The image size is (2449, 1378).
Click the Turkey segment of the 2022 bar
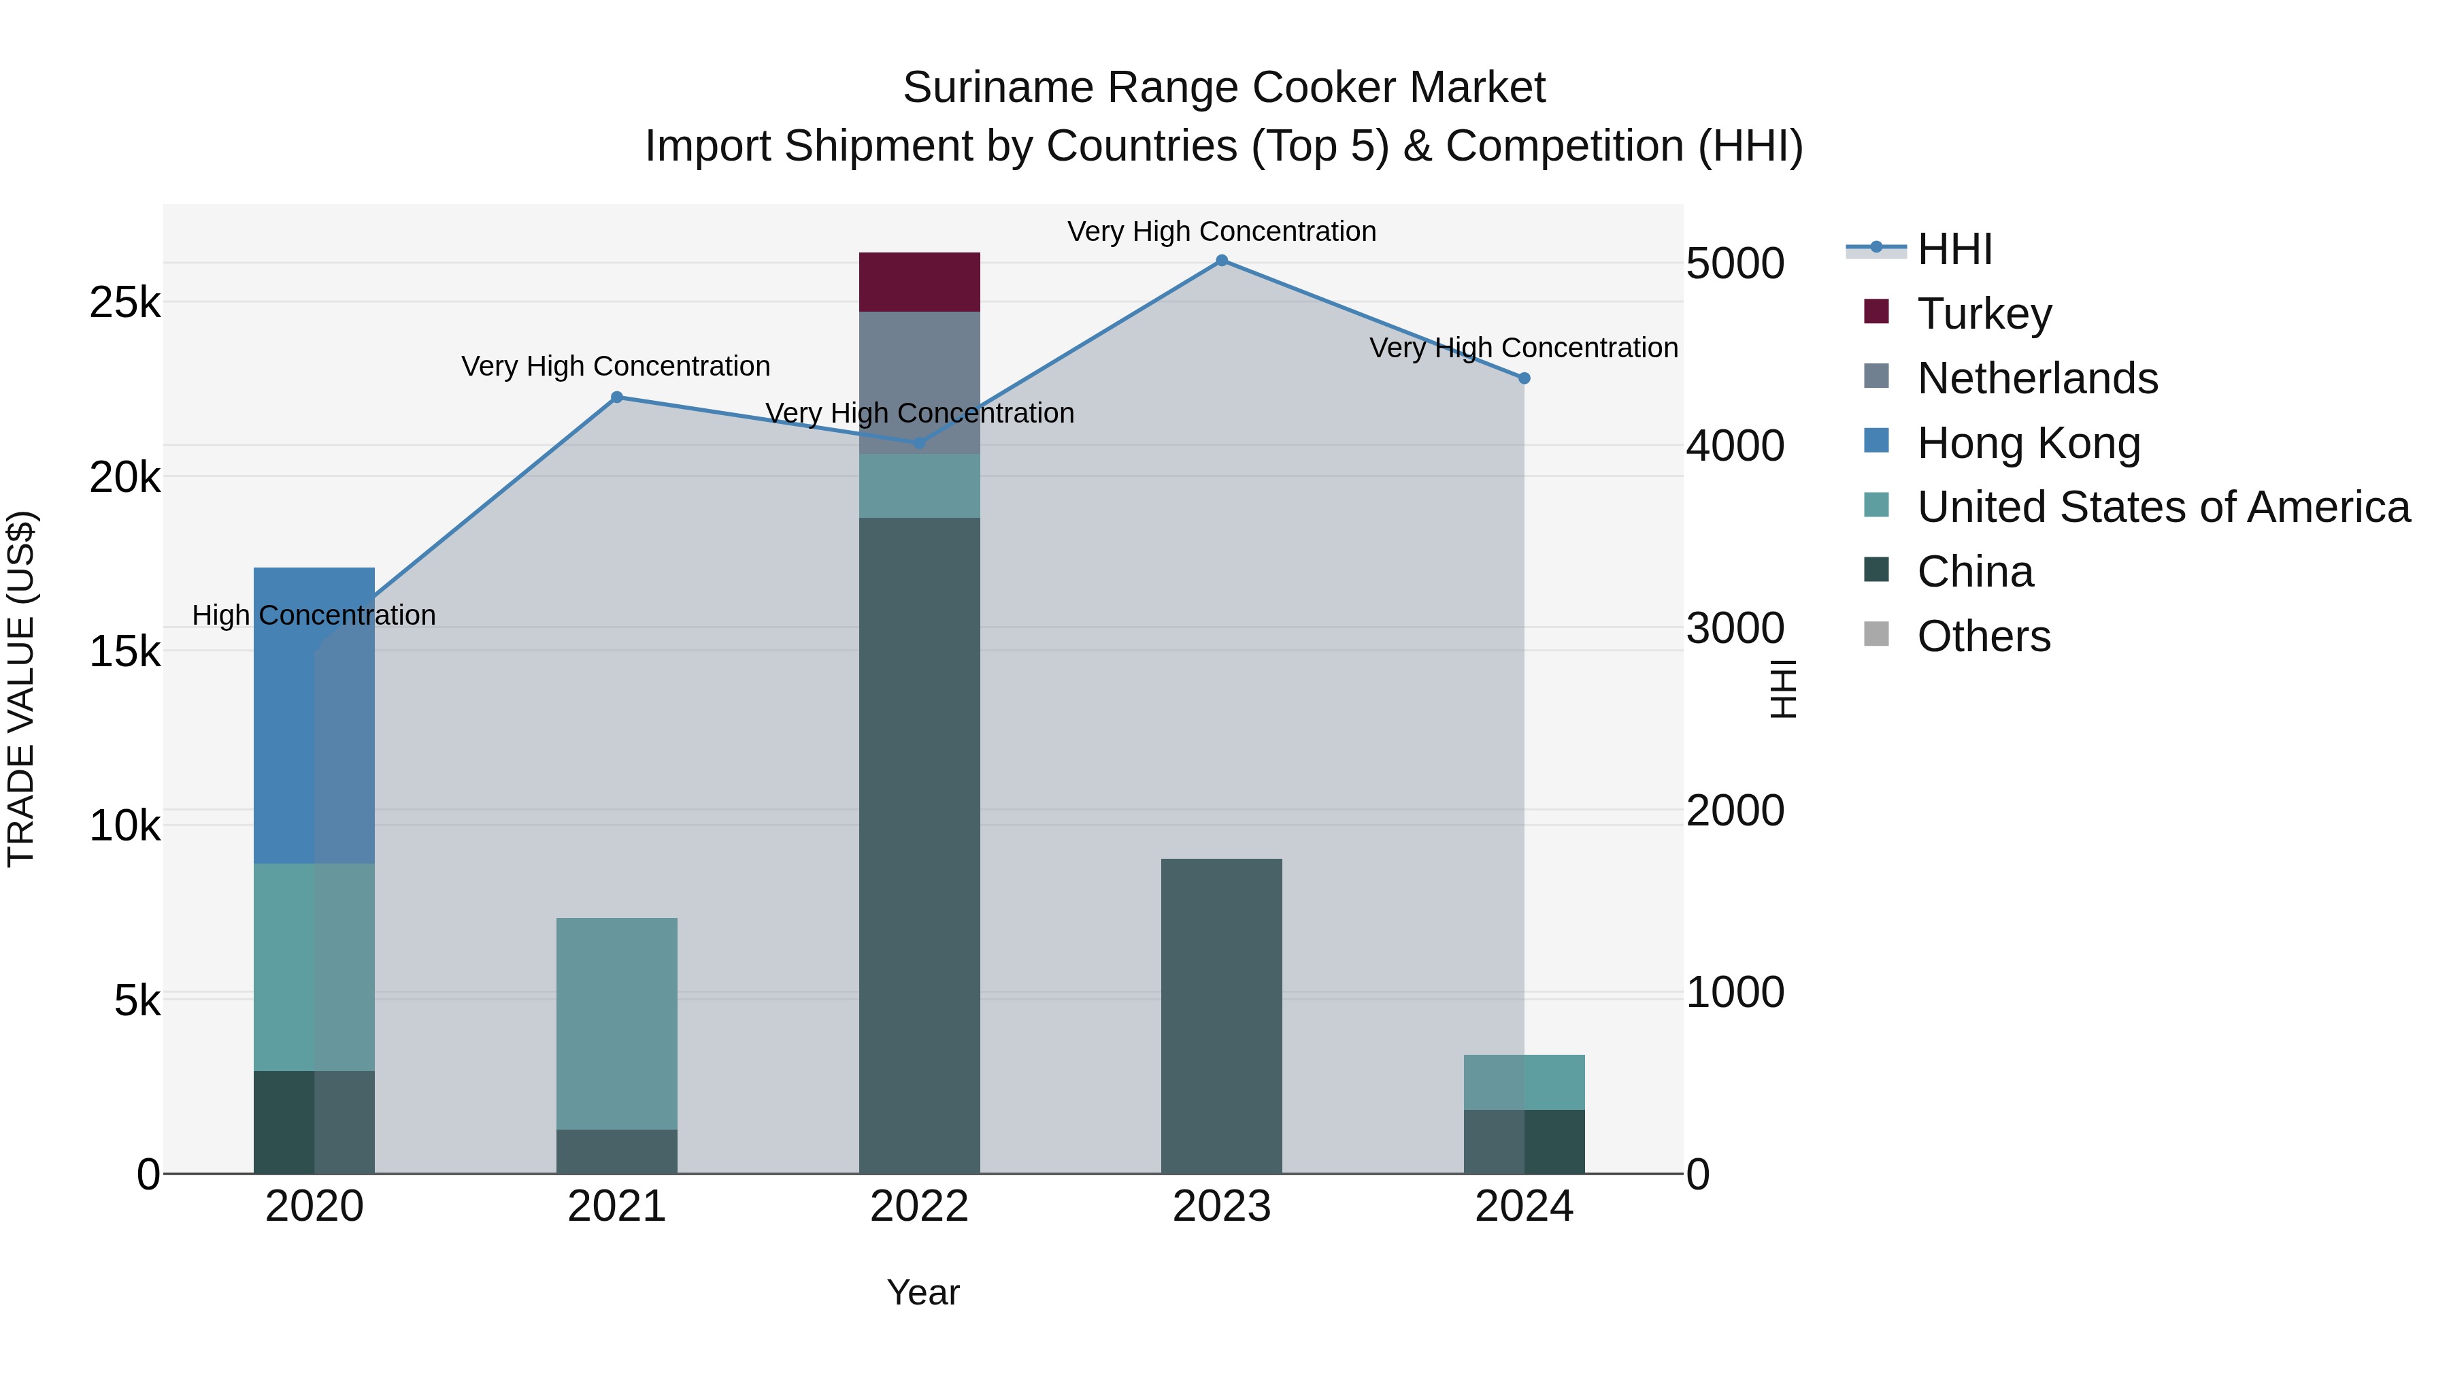pyautogui.click(x=918, y=282)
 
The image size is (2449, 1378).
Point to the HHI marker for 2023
pyautogui.click(x=1222, y=261)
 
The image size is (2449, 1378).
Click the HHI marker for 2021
pyautogui.click(x=616, y=397)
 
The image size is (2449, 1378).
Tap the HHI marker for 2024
pyautogui.click(x=1524, y=378)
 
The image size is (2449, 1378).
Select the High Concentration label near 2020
pyautogui.click(x=314, y=615)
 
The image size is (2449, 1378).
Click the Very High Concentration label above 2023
pyautogui.click(x=1222, y=231)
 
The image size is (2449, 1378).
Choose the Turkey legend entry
pyautogui.click(x=1984, y=314)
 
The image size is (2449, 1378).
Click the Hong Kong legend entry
pyautogui.click(x=2028, y=443)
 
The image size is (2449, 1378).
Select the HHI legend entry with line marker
pyautogui.click(x=1954, y=249)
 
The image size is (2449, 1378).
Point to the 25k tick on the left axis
pyautogui.click(x=124, y=304)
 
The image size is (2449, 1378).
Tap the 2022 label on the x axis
pyautogui.click(x=918, y=1207)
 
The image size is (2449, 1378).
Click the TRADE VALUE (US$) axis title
pyautogui.click(x=21, y=689)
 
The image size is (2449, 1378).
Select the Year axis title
pyautogui.click(x=922, y=1292)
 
